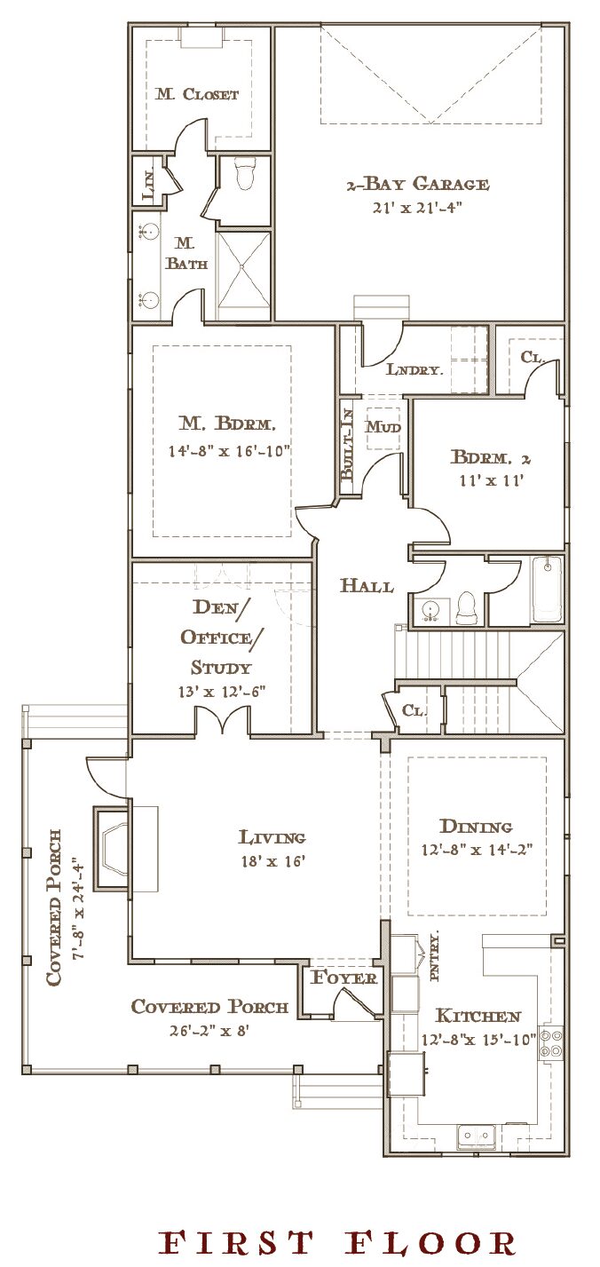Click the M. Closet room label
pos(197,94)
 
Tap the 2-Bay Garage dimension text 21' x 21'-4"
pos(418,208)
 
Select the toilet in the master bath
pos(246,174)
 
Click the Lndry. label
pos(414,370)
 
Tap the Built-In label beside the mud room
pos(347,445)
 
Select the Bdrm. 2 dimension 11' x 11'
pos(491,480)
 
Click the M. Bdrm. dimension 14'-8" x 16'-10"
pos(229,451)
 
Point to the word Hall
pos(367,585)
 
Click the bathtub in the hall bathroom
pos(547,590)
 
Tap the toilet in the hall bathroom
pos(467,606)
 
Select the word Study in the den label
pos(220,668)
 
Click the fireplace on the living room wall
pos(113,848)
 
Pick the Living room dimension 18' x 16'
pos(273,861)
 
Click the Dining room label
pos(476,827)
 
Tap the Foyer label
pos(343,978)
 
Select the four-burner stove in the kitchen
pos(551,1043)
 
